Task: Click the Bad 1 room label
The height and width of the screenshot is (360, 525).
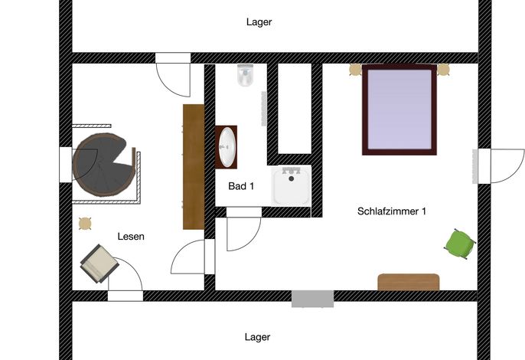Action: pos(241,186)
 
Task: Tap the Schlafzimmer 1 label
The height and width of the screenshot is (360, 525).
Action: pos(391,211)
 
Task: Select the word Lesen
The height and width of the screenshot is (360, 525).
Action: pos(131,237)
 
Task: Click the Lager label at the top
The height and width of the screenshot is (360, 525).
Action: pos(259,22)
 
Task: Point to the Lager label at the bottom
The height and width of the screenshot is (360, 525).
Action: pos(257,337)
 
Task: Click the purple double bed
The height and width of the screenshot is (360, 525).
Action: pos(399,110)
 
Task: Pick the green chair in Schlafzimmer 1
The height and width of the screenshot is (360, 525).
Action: pos(461,244)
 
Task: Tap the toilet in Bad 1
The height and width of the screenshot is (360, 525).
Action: pos(246,75)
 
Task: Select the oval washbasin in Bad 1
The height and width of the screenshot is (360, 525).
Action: pos(227,147)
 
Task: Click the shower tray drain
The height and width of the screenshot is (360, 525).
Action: pos(292,178)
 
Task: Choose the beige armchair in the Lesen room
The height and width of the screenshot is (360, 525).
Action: pos(99,263)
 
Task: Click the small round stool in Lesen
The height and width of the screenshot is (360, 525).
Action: pos(85,224)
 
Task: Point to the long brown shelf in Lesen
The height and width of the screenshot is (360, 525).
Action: pos(194,166)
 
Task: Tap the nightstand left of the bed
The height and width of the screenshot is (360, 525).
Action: pos(355,70)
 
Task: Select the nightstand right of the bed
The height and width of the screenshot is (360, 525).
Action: pos(443,70)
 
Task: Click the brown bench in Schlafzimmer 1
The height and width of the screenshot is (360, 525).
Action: pos(409,282)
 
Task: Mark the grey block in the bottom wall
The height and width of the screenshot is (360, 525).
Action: pos(312,299)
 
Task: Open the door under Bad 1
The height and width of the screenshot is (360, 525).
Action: pos(243,231)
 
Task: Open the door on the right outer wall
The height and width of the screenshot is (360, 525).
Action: pos(501,166)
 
